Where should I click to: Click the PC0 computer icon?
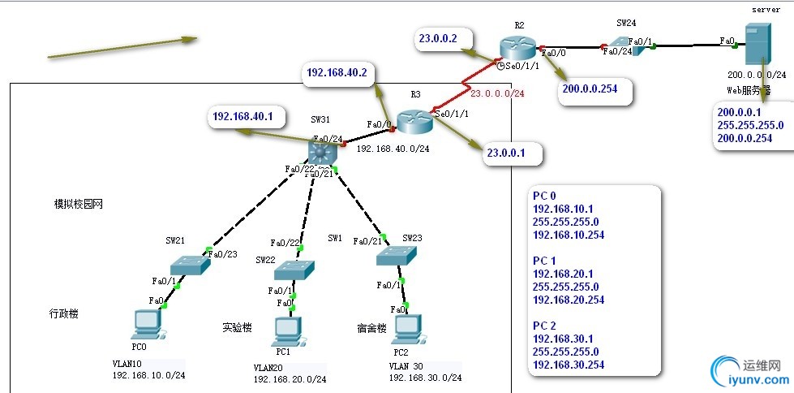[x=147, y=324]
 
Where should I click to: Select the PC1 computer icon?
[x=285, y=330]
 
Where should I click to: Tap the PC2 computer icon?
[x=407, y=328]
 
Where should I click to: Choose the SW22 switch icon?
[x=294, y=270]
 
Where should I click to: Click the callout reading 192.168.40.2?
[x=337, y=73]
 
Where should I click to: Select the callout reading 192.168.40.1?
[x=242, y=116]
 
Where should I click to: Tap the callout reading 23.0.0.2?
[x=438, y=38]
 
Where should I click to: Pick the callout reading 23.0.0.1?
[x=509, y=151]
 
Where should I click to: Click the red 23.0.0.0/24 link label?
[x=497, y=93]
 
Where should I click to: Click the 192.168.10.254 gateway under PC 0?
[x=568, y=236]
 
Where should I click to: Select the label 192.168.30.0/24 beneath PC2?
[x=425, y=378]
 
